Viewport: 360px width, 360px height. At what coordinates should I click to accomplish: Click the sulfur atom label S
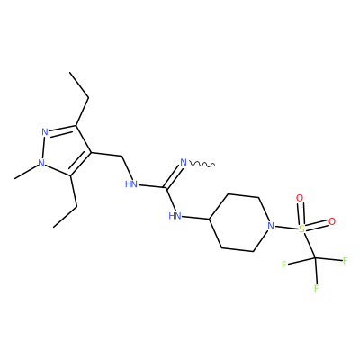[301, 229]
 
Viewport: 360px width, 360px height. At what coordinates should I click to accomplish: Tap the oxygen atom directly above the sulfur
[300, 198]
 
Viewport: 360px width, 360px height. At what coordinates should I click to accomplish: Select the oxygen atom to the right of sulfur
[332, 221]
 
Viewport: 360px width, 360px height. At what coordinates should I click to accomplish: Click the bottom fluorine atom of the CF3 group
[317, 288]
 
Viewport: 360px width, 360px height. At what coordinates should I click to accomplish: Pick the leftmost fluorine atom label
[284, 265]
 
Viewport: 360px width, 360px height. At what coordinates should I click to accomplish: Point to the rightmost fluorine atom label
[345, 260]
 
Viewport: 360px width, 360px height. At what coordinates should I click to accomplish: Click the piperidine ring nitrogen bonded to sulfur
[271, 225]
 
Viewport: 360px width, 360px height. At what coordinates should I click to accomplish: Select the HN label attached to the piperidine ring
[175, 216]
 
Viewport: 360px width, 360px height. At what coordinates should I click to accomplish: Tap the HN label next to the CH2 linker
[131, 184]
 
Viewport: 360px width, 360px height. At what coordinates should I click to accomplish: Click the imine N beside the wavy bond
[184, 163]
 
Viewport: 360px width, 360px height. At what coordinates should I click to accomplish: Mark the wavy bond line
[202, 164]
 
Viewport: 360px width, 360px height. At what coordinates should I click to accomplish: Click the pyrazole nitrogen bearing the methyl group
[41, 163]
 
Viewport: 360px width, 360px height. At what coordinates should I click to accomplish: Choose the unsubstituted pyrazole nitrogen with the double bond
[45, 131]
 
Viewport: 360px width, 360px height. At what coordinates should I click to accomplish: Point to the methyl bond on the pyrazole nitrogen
[26, 172]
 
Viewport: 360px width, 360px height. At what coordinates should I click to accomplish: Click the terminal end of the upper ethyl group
[69, 72]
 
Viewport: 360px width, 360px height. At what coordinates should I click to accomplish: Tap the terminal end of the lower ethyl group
[53, 227]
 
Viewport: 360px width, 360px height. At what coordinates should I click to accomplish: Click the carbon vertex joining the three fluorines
[315, 258]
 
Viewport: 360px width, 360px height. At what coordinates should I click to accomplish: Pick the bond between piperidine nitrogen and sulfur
[287, 228]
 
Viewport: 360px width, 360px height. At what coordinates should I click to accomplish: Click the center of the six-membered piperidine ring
[238, 223]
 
